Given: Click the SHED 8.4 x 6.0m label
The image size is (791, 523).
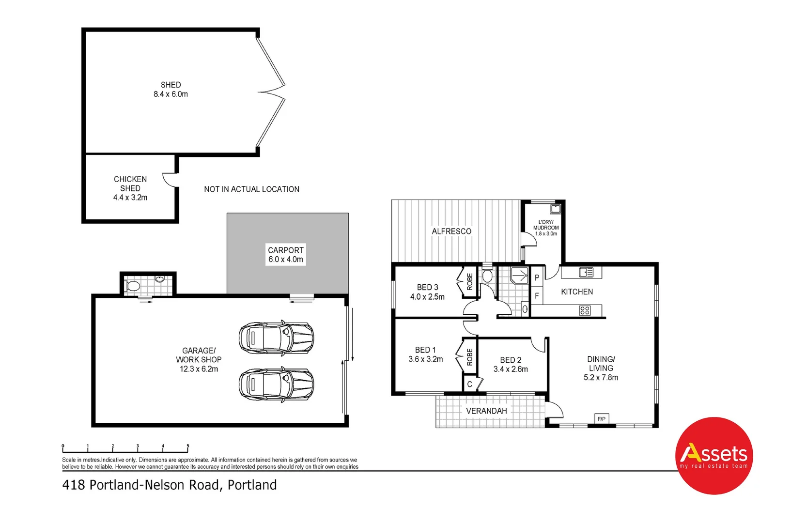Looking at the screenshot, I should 171,90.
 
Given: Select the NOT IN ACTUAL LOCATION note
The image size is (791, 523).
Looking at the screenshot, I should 251,189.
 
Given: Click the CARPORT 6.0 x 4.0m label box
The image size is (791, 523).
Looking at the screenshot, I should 286,255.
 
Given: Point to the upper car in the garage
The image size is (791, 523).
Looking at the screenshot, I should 276,337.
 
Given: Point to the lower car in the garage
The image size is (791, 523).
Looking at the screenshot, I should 276,385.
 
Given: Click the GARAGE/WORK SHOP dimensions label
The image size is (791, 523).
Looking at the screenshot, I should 199,360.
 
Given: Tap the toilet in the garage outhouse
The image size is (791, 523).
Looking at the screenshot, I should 133,286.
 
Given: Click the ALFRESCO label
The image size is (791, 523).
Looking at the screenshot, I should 451,231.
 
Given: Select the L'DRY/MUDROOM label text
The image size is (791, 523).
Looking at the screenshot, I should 546,228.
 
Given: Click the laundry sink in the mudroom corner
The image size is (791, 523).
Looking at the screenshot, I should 556,209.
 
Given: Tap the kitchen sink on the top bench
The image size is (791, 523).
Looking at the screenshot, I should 586,273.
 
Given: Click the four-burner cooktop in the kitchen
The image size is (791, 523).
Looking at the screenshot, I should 585,310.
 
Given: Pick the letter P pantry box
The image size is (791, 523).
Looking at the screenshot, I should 537,278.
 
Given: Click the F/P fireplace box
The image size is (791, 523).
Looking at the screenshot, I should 601,419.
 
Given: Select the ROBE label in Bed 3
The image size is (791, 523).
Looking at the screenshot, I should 469,281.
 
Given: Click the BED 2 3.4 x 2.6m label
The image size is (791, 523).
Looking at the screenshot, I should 511,365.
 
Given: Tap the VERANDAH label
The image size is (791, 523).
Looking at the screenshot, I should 486,411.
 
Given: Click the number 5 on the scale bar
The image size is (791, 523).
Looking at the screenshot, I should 188,446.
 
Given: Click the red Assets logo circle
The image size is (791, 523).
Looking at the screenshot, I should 714,455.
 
